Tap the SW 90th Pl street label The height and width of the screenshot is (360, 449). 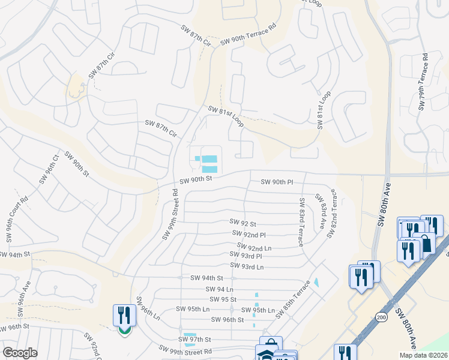click(x=277, y=182)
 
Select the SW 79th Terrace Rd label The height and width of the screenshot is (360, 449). click(x=423, y=82)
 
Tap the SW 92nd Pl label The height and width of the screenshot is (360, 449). click(x=249, y=234)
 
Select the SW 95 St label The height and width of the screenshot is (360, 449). click(x=223, y=299)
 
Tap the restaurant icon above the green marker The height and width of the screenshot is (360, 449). click(x=124, y=314)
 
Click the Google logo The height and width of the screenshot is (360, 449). click(x=20, y=353)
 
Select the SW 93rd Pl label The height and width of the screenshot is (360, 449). click(x=247, y=256)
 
